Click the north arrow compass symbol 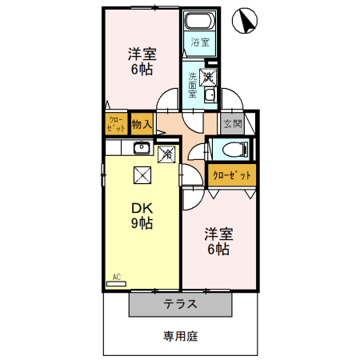(245, 21)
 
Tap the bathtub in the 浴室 (200, 21)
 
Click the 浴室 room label (200, 42)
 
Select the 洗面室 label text (193, 85)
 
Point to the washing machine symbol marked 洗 (208, 77)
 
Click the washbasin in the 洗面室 (210, 95)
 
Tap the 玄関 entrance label (233, 124)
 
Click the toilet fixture (235, 150)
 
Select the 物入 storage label (142, 124)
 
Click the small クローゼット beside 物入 (116, 124)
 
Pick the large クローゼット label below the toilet (232, 175)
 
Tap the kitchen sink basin (142, 147)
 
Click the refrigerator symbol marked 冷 (167, 154)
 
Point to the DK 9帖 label (142, 215)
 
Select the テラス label (180, 304)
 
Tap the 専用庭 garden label (181, 336)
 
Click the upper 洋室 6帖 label (142, 62)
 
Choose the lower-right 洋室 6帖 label (218, 242)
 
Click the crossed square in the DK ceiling (142, 175)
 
